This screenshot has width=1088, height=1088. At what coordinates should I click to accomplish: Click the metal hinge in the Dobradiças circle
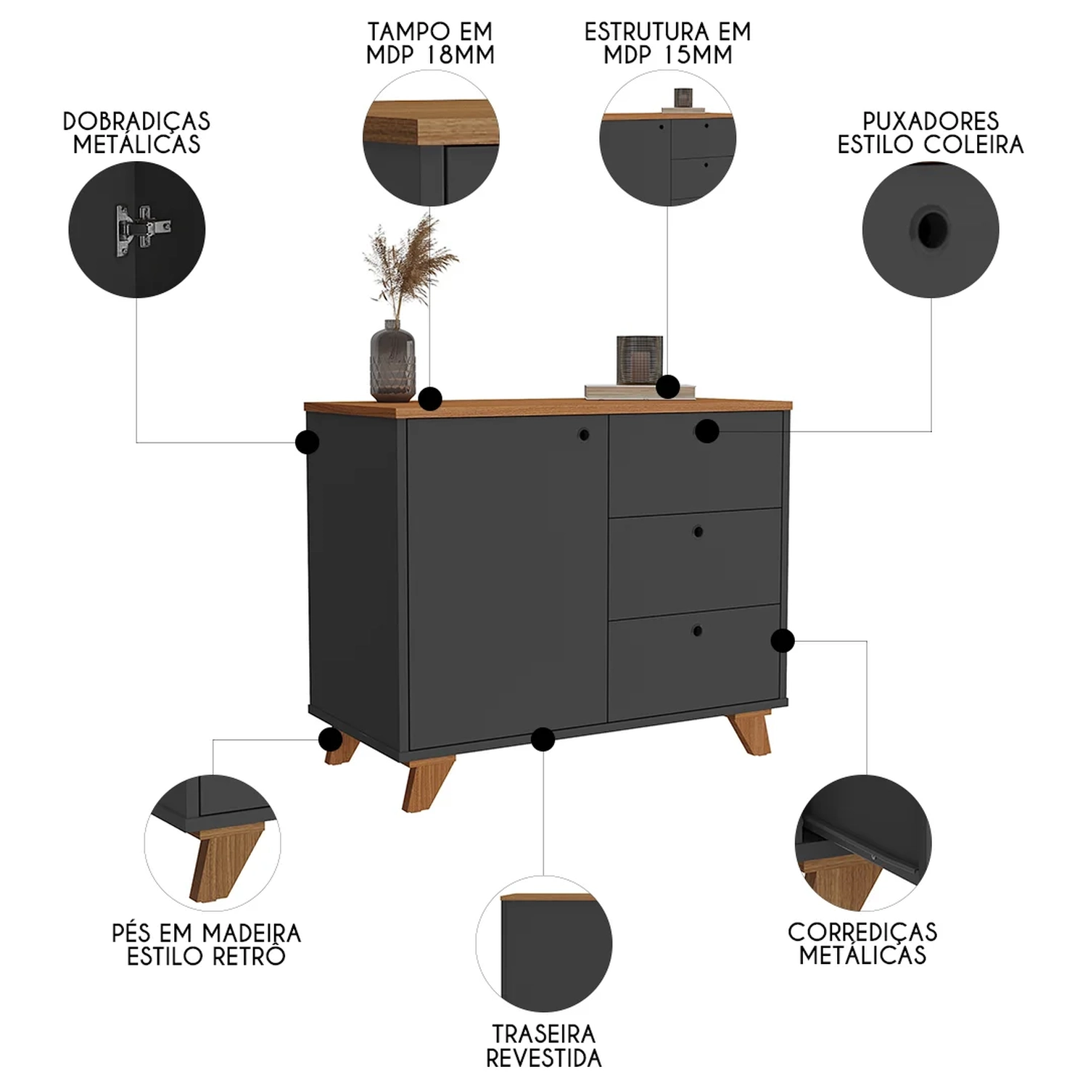pyautogui.click(x=143, y=230)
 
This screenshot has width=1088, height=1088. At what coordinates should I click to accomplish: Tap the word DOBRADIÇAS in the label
pyautogui.click(x=136, y=121)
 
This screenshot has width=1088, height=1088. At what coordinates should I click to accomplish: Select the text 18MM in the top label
pyautogui.click(x=460, y=55)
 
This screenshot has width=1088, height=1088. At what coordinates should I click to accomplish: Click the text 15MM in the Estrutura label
pyautogui.click(x=698, y=55)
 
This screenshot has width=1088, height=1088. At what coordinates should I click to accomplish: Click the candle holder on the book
pyautogui.click(x=639, y=360)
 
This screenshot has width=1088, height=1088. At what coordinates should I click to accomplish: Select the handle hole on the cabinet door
pyautogui.click(x=583, y=435)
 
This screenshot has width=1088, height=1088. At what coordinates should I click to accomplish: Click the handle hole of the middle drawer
pyautogui.click(x=698, y=532)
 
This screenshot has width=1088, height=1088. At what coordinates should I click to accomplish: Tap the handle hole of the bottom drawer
pyautogui.click(x=697, y=630)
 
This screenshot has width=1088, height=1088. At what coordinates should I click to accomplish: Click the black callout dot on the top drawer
pyautogui.click(x=707, y=432)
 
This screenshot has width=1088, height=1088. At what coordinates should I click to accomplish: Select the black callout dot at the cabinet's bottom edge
pyautogui.click(x=543, y=740)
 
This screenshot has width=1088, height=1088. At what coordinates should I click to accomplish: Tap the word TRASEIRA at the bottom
pyautogui.click(x=543, y=1034)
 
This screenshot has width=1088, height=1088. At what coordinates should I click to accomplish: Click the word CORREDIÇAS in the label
pyautogui.click(x=862, y=932)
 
